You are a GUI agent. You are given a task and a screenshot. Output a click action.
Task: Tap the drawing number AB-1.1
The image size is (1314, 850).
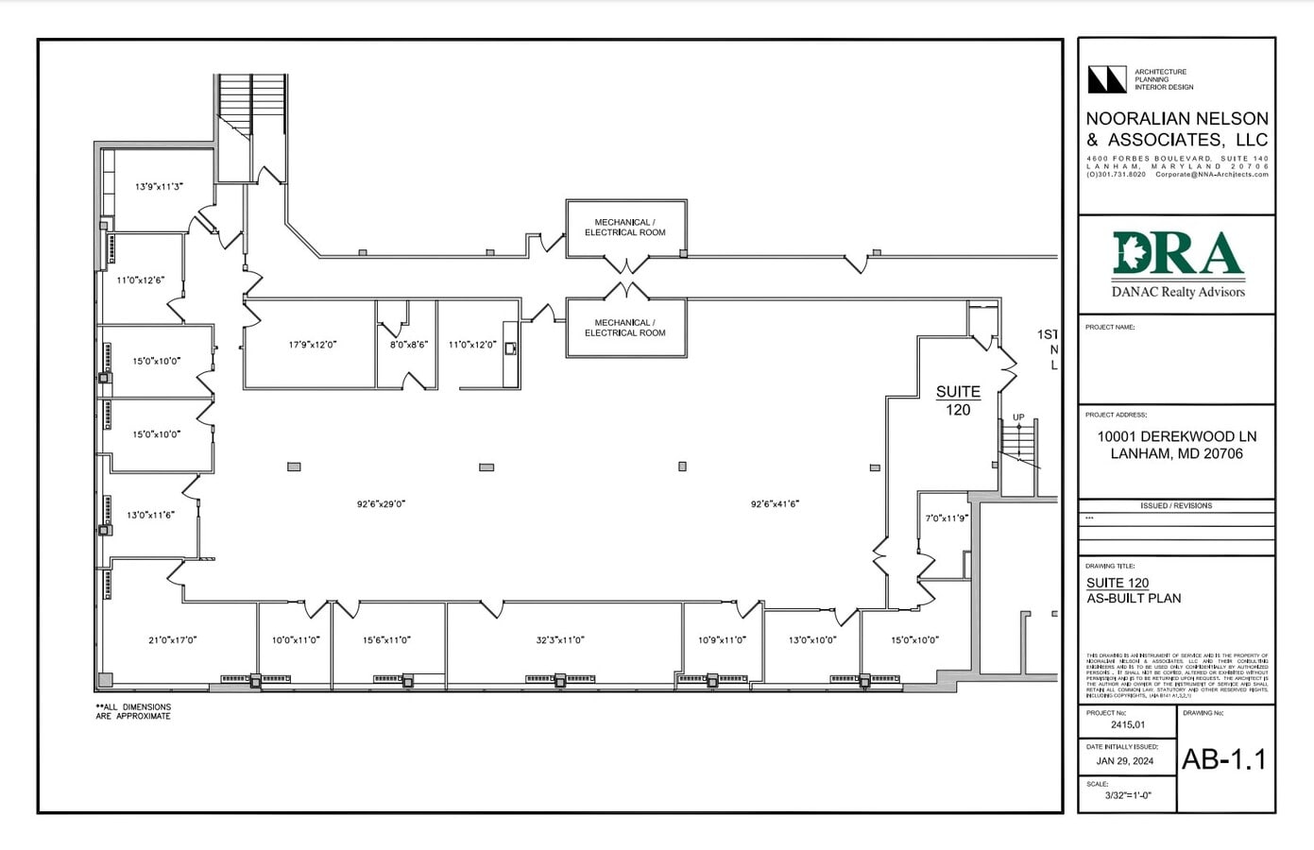click(1224, 759)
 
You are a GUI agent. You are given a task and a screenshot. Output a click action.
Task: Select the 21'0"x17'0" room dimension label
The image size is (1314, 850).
click(172, 640)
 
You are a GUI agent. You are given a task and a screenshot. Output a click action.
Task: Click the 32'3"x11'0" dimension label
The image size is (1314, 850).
click(560, 640)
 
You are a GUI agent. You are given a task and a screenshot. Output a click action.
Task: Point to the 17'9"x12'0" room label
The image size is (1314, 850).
click(312, 345)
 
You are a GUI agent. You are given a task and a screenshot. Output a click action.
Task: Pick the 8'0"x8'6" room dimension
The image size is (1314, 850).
click(408, 345)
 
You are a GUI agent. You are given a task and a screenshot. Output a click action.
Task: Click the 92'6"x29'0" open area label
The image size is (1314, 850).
click(381, 504)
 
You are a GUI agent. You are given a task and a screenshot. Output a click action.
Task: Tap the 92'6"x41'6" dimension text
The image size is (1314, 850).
click(775, 504)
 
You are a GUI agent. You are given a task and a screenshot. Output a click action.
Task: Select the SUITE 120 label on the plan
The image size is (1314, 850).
click(958, 400)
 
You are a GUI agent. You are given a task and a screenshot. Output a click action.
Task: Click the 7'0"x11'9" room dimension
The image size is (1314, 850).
click(946, 518)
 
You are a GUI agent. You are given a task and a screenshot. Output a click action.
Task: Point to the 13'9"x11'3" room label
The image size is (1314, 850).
click(159, 187)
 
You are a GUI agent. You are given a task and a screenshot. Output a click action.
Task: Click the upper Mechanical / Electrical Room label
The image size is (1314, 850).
click(624, 228)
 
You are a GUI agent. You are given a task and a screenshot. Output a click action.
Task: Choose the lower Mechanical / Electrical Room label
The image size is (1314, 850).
click(624, 328)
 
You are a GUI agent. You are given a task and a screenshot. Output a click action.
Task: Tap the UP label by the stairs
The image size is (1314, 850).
click(1018, 417)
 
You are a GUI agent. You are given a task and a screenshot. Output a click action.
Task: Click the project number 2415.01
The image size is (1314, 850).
click(1128, 725)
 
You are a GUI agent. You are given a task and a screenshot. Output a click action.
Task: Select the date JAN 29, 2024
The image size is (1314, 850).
click(1124, 761)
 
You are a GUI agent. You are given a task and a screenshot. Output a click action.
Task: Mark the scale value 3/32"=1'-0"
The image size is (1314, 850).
click(1128, 795)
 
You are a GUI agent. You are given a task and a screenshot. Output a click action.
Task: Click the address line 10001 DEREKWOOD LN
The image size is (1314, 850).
click(1176, 436)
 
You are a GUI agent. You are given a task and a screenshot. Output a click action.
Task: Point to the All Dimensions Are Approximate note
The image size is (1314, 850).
click(133, 711)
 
